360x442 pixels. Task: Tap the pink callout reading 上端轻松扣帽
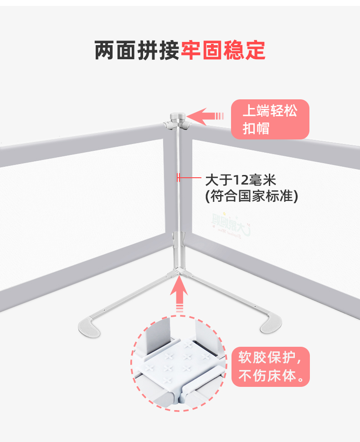270,119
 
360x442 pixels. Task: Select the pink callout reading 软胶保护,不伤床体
271,367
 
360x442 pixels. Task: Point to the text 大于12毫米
241,179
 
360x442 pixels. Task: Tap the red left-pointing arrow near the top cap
205,116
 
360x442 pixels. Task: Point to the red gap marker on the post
178,178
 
